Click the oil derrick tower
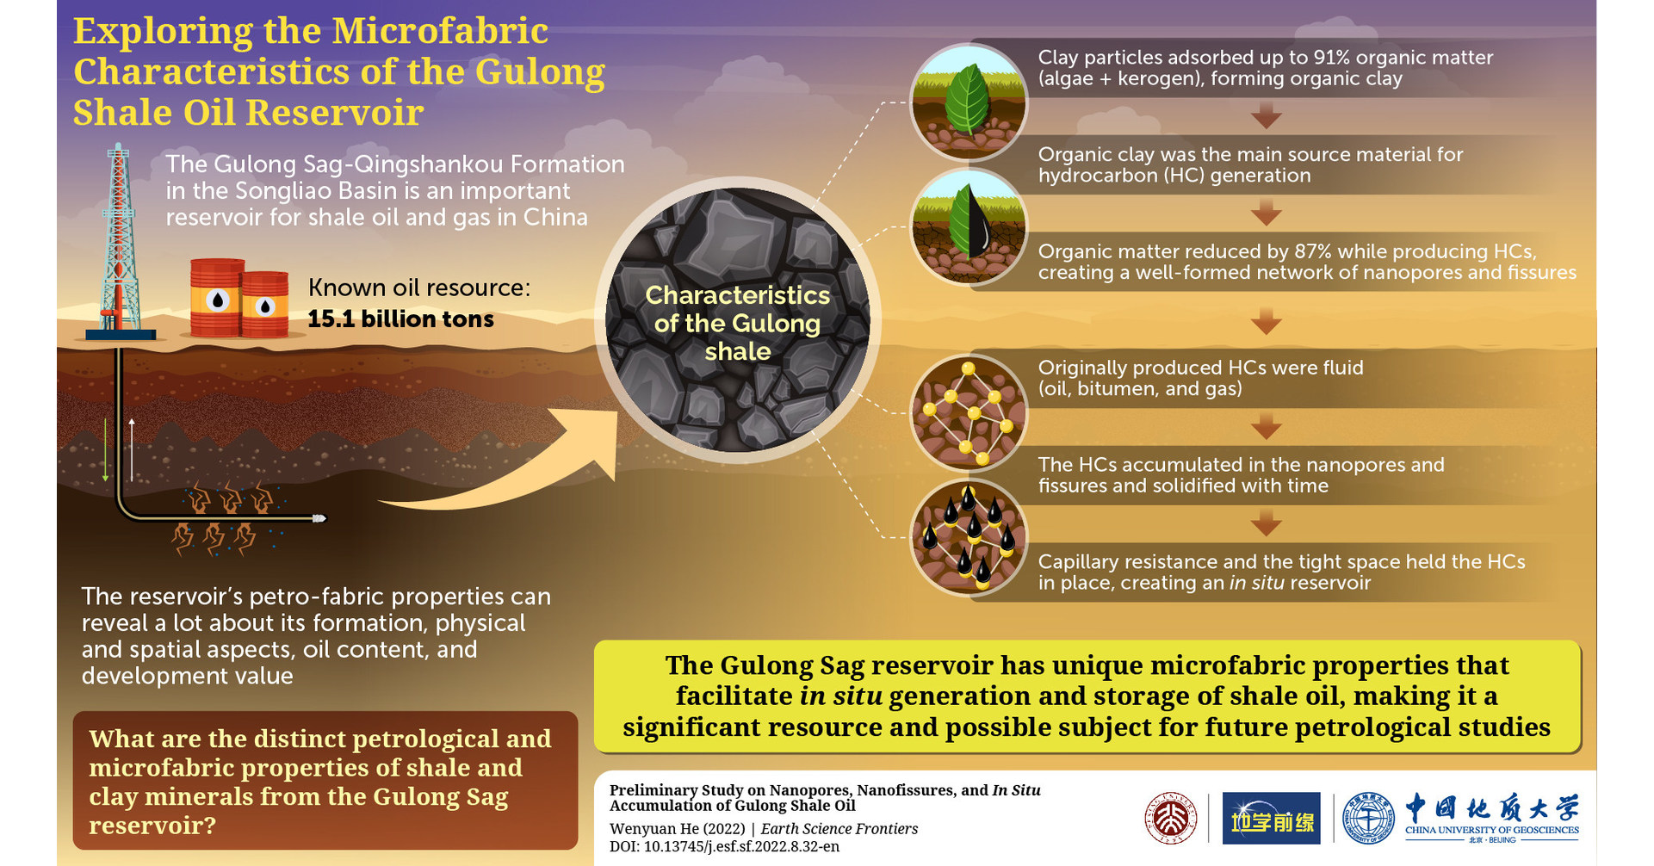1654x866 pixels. [x=120, y=241]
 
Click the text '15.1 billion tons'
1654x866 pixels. [x=400, y=319]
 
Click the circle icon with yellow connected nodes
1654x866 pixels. [x=969, y=412]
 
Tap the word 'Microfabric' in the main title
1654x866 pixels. [x=440, y=31]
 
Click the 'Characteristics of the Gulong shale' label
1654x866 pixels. [x=737, y=323]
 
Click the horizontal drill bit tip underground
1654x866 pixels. [x=319, y=518]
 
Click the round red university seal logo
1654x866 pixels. [x=1170, y=818]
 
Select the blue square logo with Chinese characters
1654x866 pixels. [x=1271, y=818]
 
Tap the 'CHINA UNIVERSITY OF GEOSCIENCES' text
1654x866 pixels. [x=1491, y=830]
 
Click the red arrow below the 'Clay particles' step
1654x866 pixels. [x=1266, y=115]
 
